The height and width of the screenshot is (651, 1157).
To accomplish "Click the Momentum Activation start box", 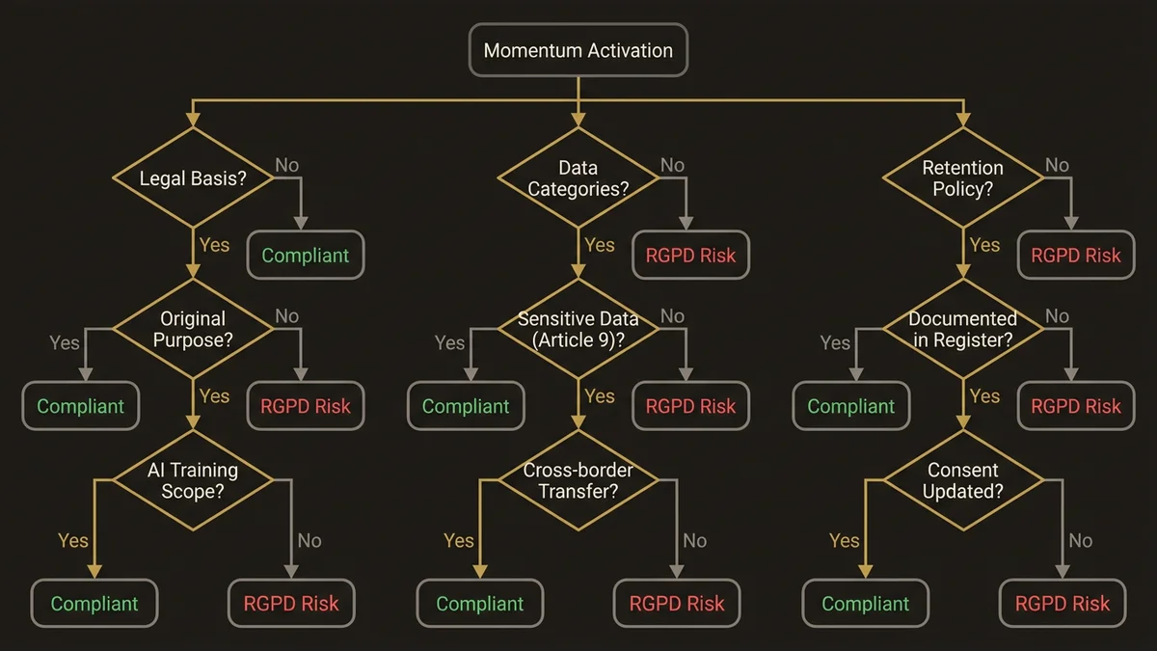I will coord(578,50).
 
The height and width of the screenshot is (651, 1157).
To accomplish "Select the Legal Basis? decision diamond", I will coord(192,178).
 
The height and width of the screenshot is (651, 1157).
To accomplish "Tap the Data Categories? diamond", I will coord(578,178).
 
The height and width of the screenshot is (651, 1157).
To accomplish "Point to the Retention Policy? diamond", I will coord(962,178).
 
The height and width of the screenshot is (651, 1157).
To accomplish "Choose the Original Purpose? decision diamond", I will coord(192,329).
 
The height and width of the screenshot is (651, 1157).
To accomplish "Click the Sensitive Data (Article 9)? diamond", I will coord(578,329).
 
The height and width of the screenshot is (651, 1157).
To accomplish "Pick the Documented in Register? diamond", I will coord(962,329).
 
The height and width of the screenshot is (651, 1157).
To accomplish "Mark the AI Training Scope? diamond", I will coord(192,480).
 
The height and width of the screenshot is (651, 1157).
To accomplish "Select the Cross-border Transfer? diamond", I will coord(578,480).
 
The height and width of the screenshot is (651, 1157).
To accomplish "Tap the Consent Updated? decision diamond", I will coord(962,480).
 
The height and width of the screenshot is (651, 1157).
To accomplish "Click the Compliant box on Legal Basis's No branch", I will coord(306,256).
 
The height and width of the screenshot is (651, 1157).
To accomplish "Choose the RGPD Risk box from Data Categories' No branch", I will coord(690,256).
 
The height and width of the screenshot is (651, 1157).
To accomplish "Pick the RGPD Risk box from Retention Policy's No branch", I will coord(1076,256).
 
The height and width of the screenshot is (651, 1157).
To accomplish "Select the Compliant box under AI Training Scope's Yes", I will coord(94,604).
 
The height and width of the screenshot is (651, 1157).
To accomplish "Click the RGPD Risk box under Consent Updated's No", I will coord(1063,604).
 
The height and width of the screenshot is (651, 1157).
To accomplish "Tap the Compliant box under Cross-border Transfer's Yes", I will coord(480,604).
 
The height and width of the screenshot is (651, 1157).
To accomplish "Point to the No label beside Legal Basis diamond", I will coord(287,165).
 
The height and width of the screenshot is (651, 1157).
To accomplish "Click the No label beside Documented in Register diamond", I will coord(1058,315).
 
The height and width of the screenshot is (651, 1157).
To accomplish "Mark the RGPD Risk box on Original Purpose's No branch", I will coord(306,406).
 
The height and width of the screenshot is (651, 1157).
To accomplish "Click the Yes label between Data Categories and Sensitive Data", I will coord(599,245).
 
